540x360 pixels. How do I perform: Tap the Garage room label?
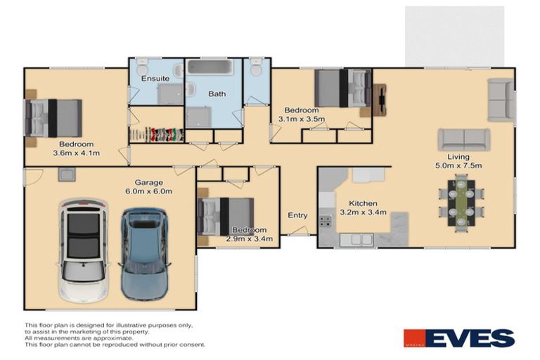click(x=148, y=181)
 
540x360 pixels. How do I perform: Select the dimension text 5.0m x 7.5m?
click(x=458, y=166)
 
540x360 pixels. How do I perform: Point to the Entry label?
click(x=297, y=215)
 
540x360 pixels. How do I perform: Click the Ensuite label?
click(x=154, y=78)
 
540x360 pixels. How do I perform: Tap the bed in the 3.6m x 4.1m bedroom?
click(x=55, y=117)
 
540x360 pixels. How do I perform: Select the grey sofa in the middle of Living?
click(x=463, y=139)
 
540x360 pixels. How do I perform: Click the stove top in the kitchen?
click(x=326, y=220)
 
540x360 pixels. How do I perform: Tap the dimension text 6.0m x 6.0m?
click(x=148, y=191)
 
